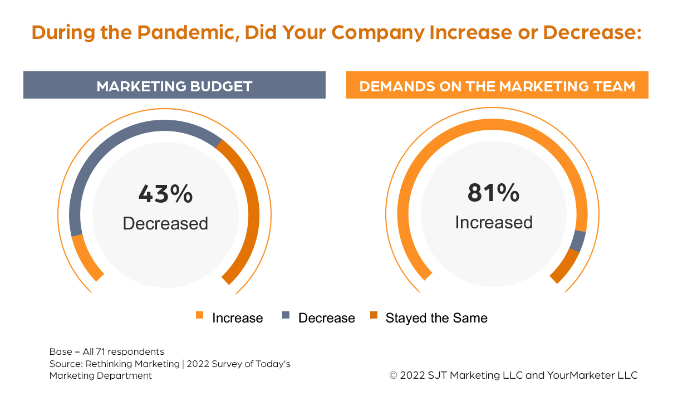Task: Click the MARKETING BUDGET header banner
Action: (x=174, y=86)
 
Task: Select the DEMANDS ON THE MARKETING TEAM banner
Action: (x=497, y=86)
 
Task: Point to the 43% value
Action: (x=165, y=194)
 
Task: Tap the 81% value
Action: (x=493, y=193)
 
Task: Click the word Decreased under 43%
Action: (x=165, y=223)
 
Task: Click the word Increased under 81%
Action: (x=493, y=222)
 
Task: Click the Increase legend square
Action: (x=200, y=316)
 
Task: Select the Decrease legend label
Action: (x=326, y=318)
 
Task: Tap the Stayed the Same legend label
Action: (x=436, y=318)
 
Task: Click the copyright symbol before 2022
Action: (x=393, y=375)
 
